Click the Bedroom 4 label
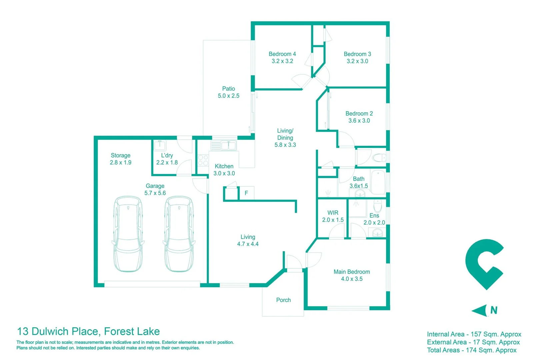pos(282,54)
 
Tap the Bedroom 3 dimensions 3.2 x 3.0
pos(357,61)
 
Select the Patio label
pos(229,89)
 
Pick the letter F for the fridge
pos(246,193)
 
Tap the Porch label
pos(283,300)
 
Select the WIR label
pos(333,213)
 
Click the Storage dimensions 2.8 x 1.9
pos(121,163)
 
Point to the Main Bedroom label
pos(352,272)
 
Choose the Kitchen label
pos(224,166)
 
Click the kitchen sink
pos(229,145)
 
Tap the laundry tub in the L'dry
pos(160,145)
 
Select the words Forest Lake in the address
pos(132,331)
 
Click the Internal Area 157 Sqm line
pos(474,334)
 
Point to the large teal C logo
pos(483,263)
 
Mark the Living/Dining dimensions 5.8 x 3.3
pos(285,145)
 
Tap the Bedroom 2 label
pos(359,114)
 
